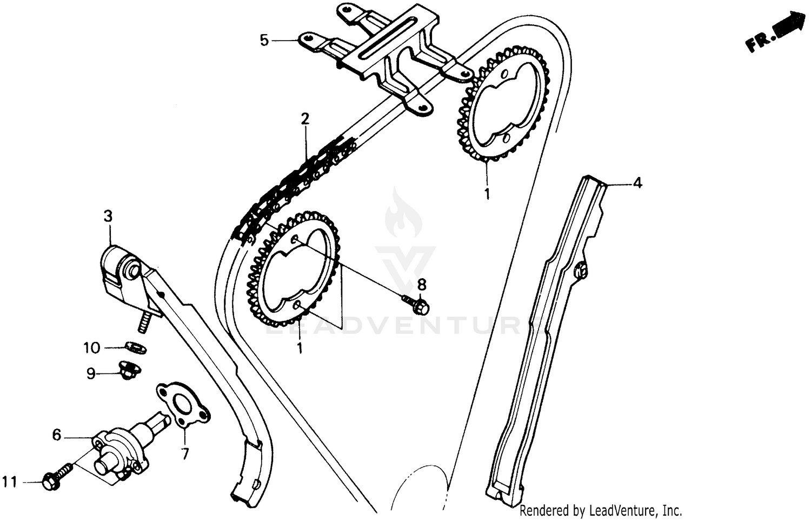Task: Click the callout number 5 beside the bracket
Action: tap(264, 41)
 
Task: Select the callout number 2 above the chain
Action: tap(305, 119)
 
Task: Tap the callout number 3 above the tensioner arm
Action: tap(108, 216)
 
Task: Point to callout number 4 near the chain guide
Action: tap(637, 183)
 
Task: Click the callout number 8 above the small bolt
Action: tap(422, 284)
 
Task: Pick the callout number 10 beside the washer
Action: tap(92, 347)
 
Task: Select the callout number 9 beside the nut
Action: tap(91, 373)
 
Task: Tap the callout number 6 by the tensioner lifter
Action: tap(57, 435)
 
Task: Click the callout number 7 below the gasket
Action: tap(185, 453)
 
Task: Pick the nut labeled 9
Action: tap(129, 371)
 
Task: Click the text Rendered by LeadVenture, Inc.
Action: tap(601, 510)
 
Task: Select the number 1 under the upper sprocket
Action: tap(487, 194)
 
